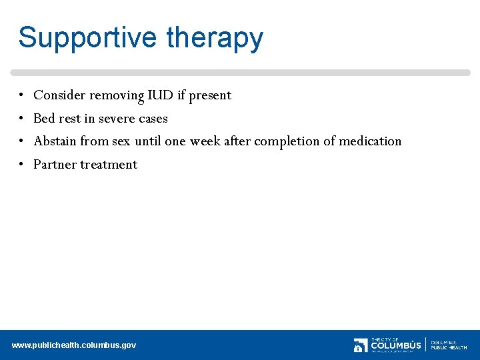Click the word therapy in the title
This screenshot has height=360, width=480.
[215, 39]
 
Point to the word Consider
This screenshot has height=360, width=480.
[60, 95]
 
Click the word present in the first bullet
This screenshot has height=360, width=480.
[210, 96]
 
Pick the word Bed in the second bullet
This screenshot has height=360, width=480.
[44, 119]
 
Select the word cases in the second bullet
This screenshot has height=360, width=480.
[153, 119]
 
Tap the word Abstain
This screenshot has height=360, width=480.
[55, 141]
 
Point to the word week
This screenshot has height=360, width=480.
[205, 141]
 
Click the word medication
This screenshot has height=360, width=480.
[370, 141]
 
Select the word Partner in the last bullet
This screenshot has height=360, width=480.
[55, 165]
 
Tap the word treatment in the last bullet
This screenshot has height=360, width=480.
[109, 165]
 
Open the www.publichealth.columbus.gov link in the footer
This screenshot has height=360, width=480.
[74, 345]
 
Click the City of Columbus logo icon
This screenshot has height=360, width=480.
[361, 345]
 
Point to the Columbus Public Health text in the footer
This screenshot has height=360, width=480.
[449, 345]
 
